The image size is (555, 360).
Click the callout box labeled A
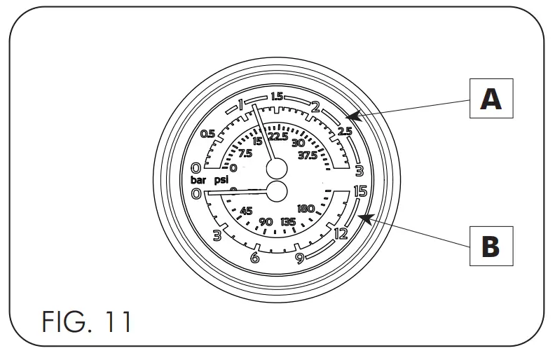[x=491, y=98]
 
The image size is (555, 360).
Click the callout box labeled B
[x=491, y=246]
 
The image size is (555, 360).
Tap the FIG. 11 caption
[x=87, y=321]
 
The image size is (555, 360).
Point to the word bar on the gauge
[x=198, y=180]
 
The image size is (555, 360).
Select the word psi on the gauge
[x=221, y=180]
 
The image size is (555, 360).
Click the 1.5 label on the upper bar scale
[x=277, y=96]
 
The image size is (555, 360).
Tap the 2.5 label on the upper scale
[x=344, y=132]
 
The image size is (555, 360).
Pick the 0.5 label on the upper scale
[x=207, y=134]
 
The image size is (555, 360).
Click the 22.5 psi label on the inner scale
[x=278, y=137]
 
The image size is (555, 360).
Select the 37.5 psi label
[x=308, y=155]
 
